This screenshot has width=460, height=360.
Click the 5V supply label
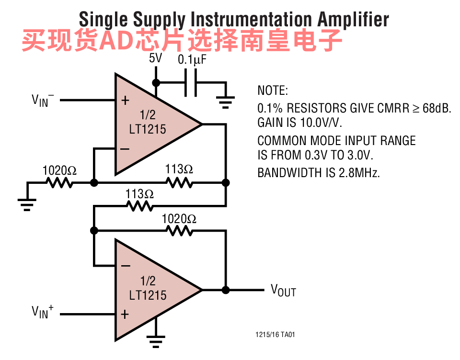[x=156, y=59]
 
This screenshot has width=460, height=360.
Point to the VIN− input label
[x=43, y=100]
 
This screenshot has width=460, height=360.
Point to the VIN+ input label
[x=43, y=313]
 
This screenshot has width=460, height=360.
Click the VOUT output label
[x=283, y=290]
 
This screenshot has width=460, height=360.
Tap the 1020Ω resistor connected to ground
[x=59, y=182]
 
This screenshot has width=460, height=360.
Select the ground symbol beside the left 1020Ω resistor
[x=28, y=203]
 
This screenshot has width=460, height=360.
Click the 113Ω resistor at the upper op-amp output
[x=179, y=182]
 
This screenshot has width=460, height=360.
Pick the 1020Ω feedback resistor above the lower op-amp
[x=179, y=230]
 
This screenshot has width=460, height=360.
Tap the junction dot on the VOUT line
[x=226, y=290]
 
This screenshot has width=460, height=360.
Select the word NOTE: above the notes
[x=273, y=90]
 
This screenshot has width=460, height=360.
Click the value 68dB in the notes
[x=437, y=108]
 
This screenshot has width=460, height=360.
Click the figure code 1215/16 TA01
[x=275, y=335]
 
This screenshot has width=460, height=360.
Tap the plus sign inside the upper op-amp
[x=125, y=101]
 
